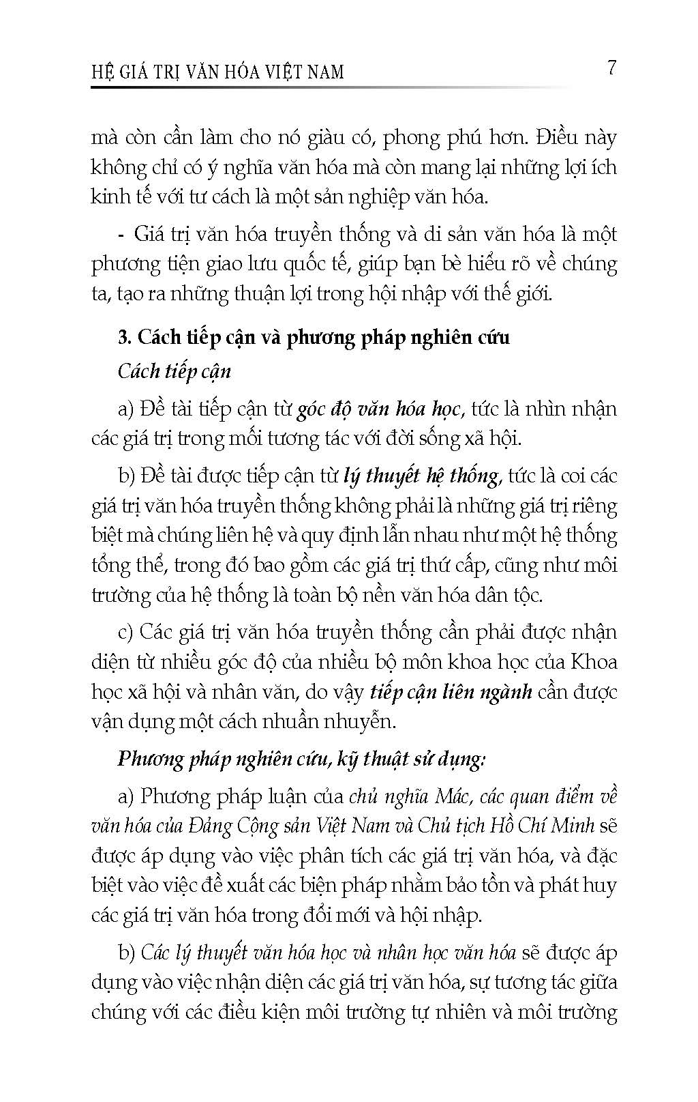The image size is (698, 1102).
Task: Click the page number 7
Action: [611, 68]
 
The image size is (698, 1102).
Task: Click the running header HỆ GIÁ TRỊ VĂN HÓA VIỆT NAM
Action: [217, 71]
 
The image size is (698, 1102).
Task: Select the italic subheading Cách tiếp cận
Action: [174, 371]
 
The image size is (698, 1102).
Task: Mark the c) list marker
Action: [125, 632]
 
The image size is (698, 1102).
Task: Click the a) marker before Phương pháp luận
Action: [125, 796]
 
